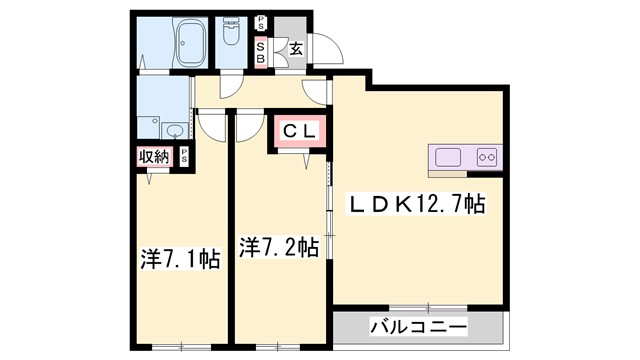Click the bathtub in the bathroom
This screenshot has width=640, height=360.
191,44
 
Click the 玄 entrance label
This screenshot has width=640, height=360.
297,46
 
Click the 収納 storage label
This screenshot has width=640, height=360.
154,156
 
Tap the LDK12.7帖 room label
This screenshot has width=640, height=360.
416,205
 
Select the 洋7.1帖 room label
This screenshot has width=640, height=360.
180,259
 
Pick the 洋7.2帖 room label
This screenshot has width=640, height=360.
279,246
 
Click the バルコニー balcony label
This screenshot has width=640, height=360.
418,326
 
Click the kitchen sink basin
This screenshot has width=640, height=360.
447,157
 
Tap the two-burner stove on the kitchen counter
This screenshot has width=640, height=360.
487,157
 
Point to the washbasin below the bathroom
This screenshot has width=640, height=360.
174,131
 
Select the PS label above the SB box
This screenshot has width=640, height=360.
260,22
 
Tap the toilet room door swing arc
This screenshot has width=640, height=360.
228,89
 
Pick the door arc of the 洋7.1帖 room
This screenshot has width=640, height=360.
213,125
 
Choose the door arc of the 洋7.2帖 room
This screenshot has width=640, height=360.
246,125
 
